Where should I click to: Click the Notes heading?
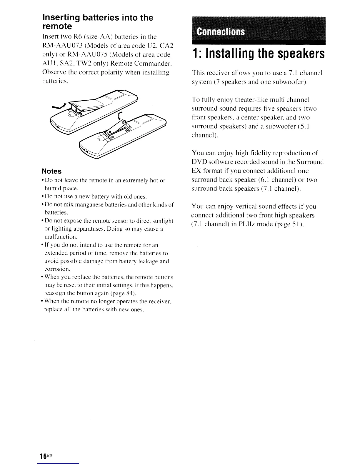[52, 171]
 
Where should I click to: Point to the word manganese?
[83, 204]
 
